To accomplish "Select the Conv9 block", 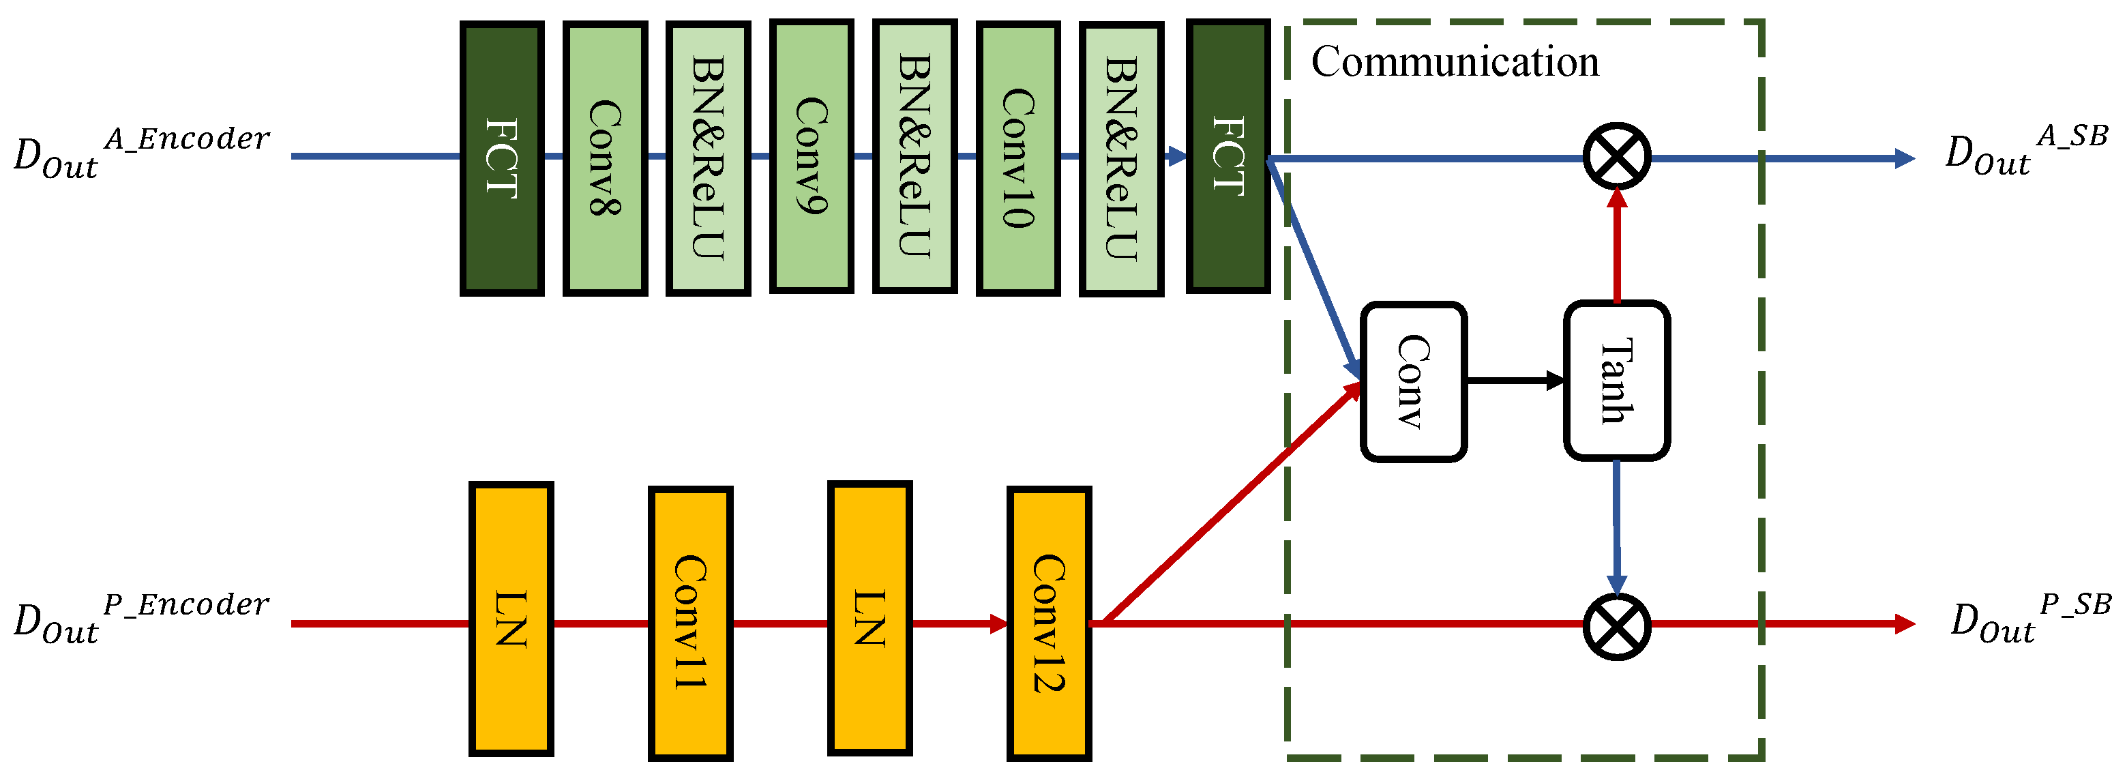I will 811,157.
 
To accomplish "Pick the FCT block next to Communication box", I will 1227,157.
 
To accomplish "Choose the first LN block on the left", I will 510,619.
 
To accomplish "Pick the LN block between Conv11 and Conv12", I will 869,619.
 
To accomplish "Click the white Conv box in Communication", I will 1413,381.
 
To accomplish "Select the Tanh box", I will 1616,381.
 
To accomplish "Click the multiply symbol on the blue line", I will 1616,157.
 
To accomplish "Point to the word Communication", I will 1455,62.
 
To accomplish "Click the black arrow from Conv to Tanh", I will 1515,381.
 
